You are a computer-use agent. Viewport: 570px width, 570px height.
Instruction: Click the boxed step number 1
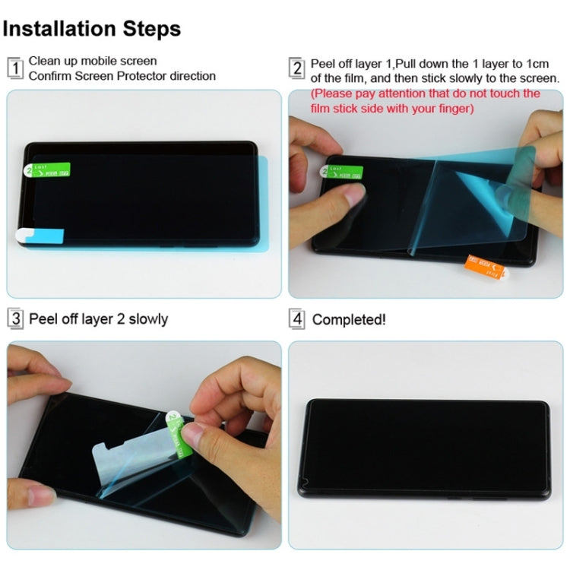pyautogui.click(x=15, y=68)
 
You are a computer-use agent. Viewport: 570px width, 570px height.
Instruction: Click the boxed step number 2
pyautogui.click(x=297, y=68)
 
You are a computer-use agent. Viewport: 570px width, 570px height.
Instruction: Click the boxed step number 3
pyautogui.click(x=15, y=318)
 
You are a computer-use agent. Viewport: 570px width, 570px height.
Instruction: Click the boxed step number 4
pyautogui.click(x=297, y=318)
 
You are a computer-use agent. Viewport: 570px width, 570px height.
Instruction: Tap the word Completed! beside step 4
pyautogui.click(x=349, y=319)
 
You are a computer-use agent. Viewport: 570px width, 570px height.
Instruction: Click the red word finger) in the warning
pyautogui.click(x=454, y=109)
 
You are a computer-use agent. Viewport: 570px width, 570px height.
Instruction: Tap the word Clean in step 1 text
pyautogui.click(x=44, y=61)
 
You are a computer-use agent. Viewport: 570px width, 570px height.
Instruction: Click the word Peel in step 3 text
pyautogui.click(x=42, y=318)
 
